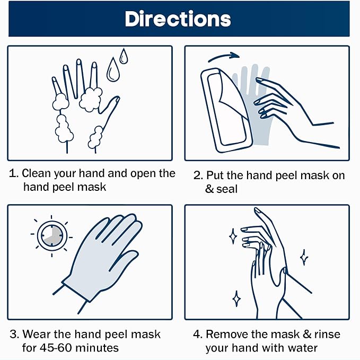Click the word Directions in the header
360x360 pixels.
(x=178, y=19)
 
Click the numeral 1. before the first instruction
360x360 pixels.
(x=14, y=174)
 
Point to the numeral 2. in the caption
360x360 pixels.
(x=197, y=174)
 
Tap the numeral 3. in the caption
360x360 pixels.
(x=14, y=335)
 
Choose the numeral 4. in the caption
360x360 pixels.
(x=197, y=335)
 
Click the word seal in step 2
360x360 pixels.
(x=227, y=188)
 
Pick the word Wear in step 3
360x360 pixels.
(x=36, y=335)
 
